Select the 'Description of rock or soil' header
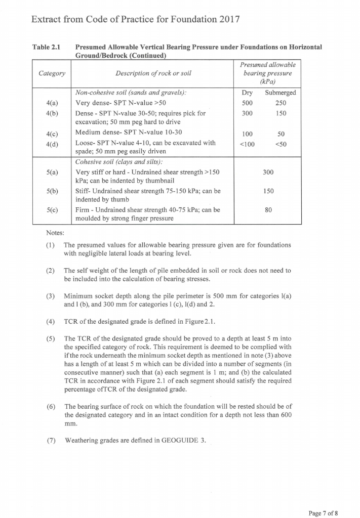pyautogui.click(x=150, y=73)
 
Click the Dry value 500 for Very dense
pyautogui.click(x=247, y=103)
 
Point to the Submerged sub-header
pyautogui.click(x=280, y=93)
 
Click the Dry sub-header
pyautogui.click(x=247, y=93)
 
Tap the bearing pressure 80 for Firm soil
pyautogui.click(x=268, y=210)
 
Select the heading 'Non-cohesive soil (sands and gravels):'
pyautogui.click(x=131, y=93)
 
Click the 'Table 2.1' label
pyautogui.click(x=46, y=47)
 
